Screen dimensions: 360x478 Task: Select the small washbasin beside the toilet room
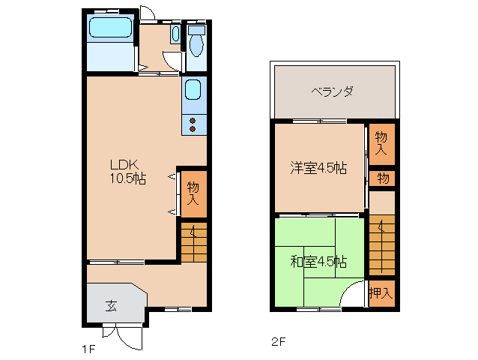tap(175, 34)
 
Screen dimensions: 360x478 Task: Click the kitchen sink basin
tap(193, 93)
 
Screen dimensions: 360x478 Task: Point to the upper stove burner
tap(193, 120)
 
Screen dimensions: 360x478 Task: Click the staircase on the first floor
tap(193, 241)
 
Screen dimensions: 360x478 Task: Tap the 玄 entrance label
tap(111, 305)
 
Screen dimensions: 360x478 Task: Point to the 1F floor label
tap(88, 347)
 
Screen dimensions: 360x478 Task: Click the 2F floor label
tap(278, 343)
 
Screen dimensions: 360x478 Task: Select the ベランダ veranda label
tap(332, 91)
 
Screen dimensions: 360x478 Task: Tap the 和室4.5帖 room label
tap(318, 262)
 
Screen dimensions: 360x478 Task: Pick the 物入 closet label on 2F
tap(381, 142)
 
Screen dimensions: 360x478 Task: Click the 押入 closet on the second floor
tap(381, 292)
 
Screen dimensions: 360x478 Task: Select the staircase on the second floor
tap(381, 244)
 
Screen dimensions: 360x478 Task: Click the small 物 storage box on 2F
tap(382, 178)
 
